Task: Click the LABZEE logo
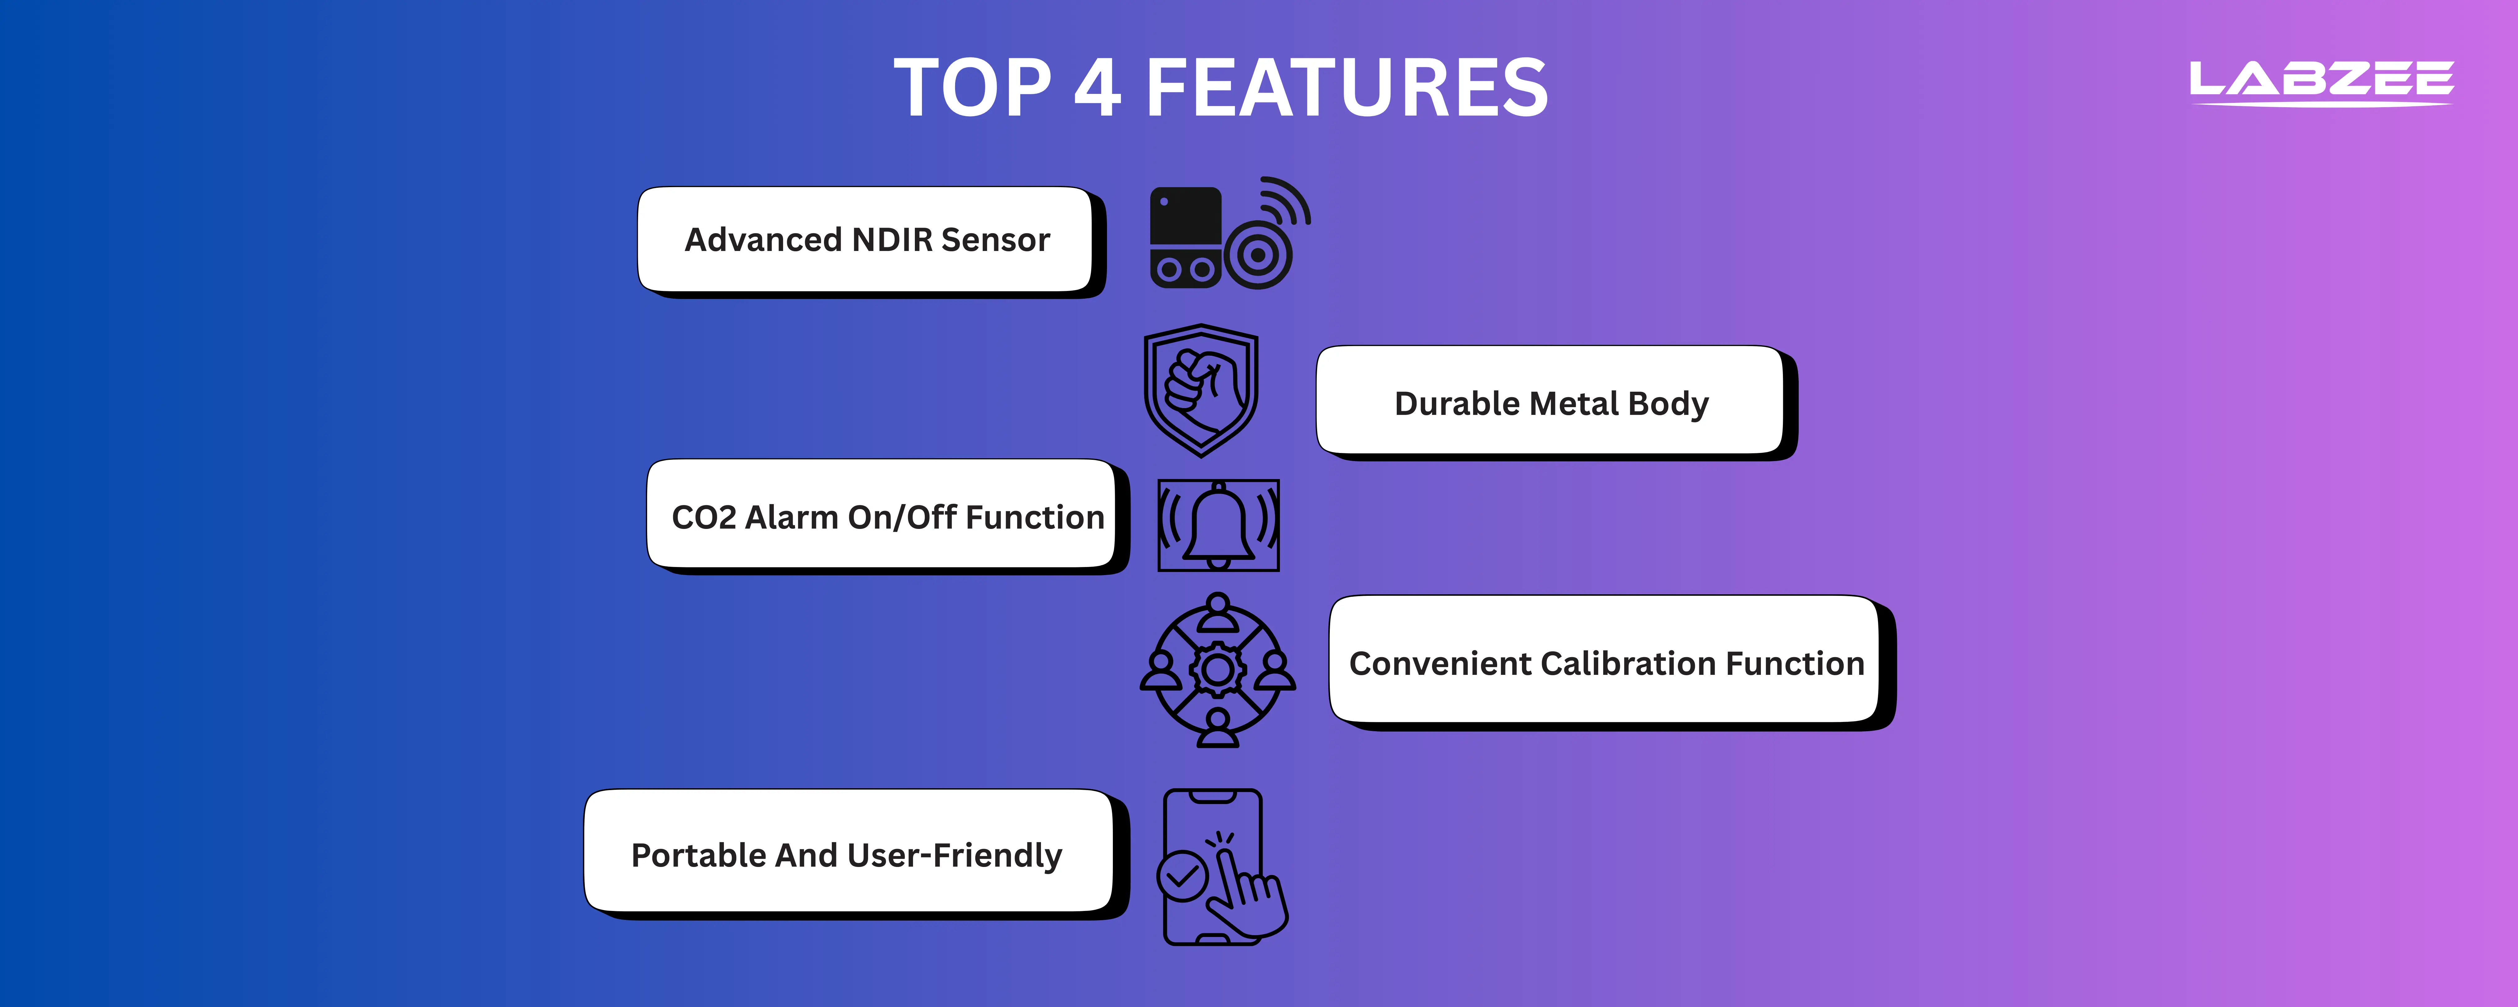tap(2321, 81)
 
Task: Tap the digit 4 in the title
tap(1098, 88)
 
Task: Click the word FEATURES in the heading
tap(1347, 88)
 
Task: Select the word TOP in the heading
tap(972, 88)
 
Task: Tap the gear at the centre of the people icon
tap(1218, 670)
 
